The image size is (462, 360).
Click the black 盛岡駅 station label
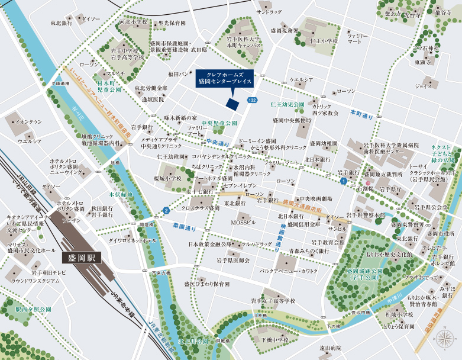82,258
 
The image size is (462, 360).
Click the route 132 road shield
252,101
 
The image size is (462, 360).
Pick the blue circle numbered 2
166,210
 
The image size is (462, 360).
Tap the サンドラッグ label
269,12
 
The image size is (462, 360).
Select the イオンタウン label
28,121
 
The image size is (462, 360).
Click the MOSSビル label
243,221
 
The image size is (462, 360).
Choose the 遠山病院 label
332,348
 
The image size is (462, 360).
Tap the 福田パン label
178,74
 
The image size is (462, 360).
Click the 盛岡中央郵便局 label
292,120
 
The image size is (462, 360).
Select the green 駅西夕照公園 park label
33,309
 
